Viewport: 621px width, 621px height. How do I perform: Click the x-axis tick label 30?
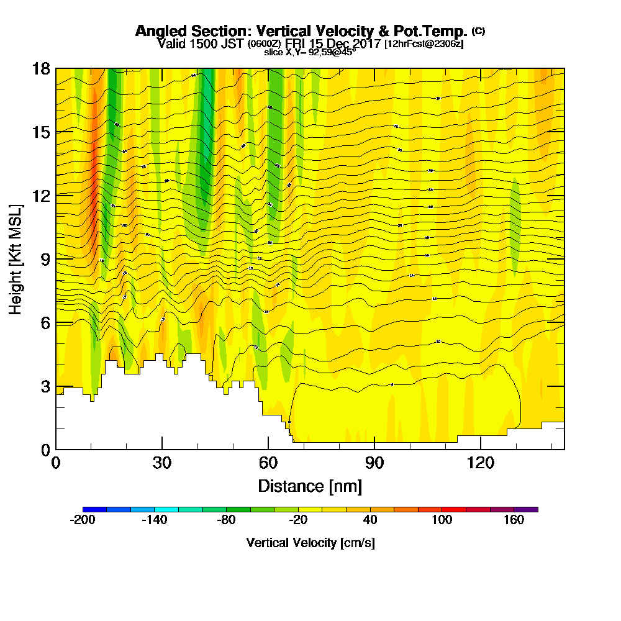point(162,463)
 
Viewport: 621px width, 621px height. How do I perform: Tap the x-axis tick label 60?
point(268,463)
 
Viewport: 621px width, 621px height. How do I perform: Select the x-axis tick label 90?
point(374,463)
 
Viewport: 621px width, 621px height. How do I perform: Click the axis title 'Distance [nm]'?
point(310,485)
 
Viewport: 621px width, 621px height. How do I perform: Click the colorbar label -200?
point(83,520)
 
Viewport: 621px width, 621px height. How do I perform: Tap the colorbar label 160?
point(514,520)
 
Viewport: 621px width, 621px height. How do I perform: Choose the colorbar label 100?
point(442,520)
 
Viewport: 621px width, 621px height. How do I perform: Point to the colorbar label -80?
point(226,520)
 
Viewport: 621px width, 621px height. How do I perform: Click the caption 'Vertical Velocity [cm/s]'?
point(310,543)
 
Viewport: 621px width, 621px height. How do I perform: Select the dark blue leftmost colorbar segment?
point(94,509)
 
